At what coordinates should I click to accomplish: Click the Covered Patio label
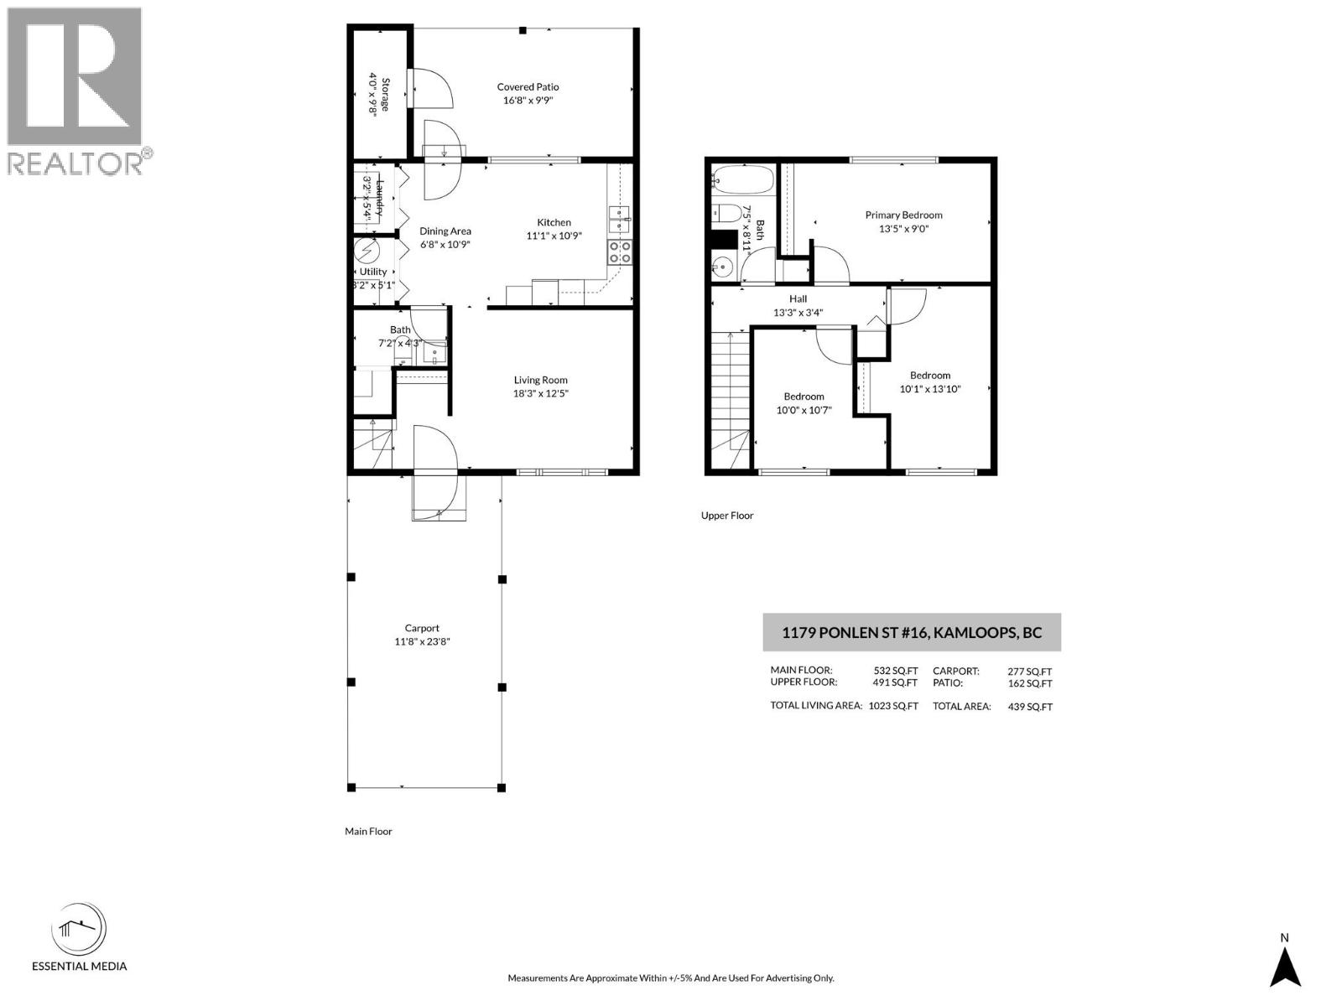528,87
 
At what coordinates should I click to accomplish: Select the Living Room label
541,380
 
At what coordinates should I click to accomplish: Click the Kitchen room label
554,222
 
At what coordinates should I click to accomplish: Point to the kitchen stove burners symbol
620,252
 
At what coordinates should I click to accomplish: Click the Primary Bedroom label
903,215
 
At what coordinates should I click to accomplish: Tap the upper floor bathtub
743,179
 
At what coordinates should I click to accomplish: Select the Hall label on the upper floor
798,298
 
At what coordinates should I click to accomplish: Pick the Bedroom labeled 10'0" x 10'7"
804,397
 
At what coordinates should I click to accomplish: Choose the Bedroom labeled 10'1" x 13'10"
930,376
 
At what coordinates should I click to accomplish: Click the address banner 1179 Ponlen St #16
912,633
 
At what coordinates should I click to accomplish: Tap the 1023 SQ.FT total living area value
893,706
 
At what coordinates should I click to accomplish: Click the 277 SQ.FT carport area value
1029,672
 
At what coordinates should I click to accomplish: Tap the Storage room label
385,95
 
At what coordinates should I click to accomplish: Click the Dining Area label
445,231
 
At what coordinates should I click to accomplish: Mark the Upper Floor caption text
727,516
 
